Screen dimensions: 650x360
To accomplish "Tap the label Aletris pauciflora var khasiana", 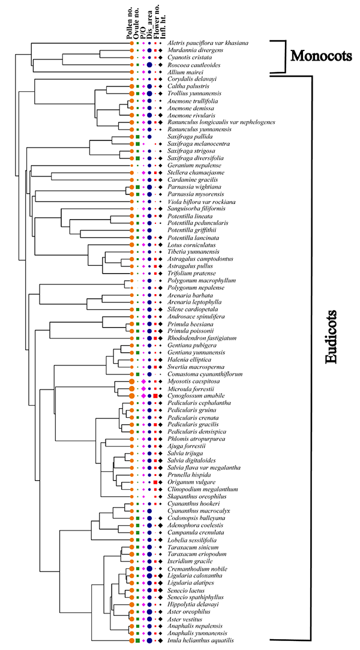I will tap(208, 43).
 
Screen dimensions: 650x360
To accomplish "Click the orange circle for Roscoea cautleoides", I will tap(131, 64).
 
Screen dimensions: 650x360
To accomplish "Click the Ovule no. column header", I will tap(137, 26).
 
